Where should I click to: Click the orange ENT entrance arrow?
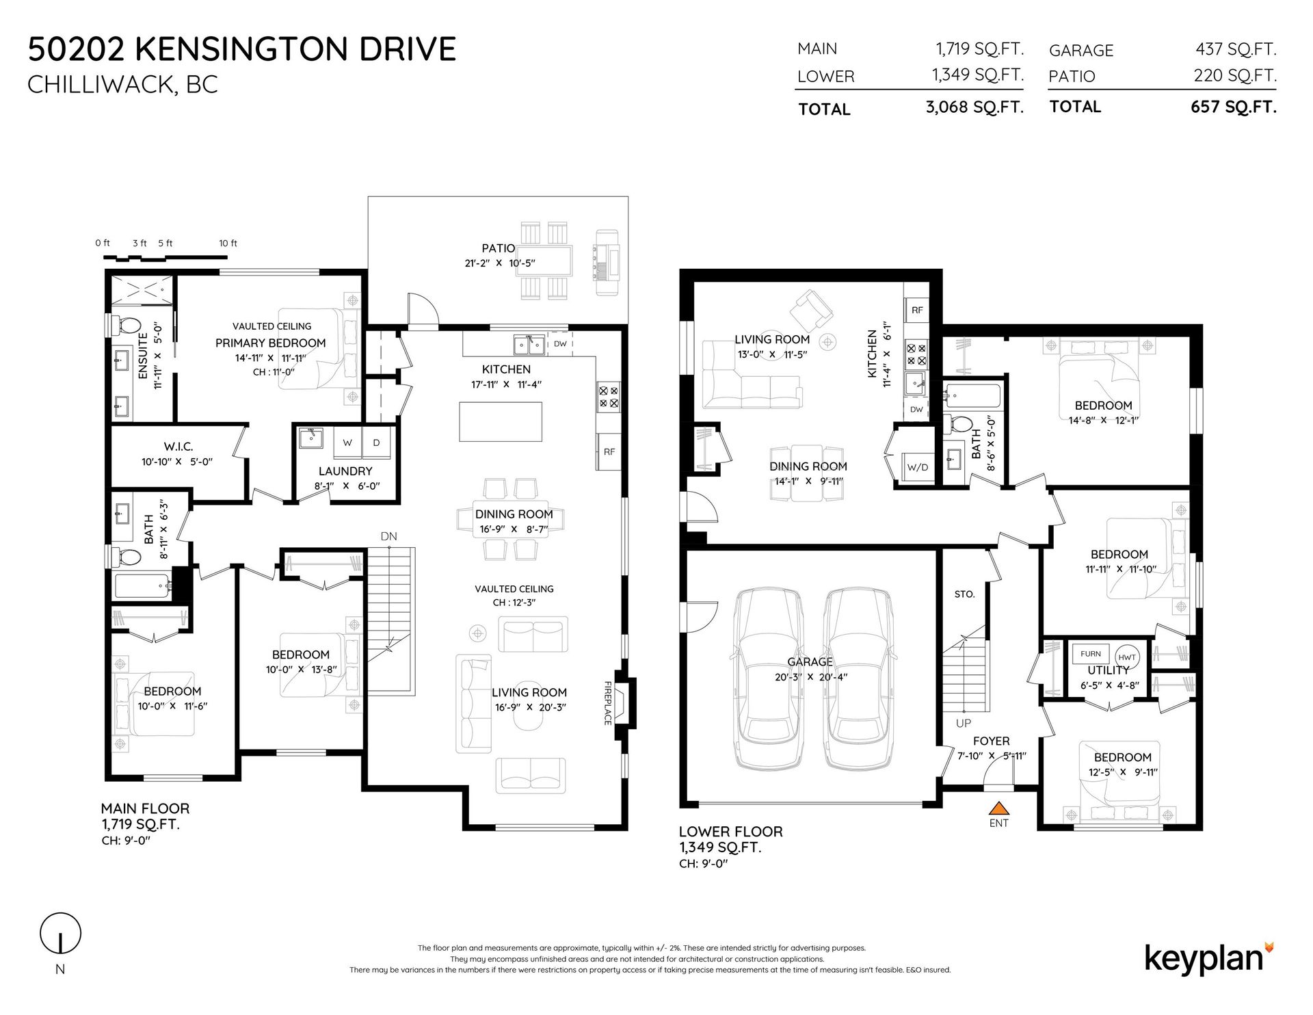pos(998,807)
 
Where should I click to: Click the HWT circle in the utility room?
pos(1127,657)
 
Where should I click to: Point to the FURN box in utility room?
pos(1091,654)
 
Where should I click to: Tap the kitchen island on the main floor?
pos(501,422)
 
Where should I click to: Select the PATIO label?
pos(498,249)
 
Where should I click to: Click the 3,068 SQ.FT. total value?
pos(974,107)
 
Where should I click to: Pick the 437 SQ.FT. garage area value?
pos(1236,49)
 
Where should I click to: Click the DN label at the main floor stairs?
pos(388,537)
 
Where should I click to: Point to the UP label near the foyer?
pos(963,723)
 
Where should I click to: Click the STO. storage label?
pos(964,594)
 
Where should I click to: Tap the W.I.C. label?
pos(178,447)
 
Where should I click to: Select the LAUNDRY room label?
pos(345,471)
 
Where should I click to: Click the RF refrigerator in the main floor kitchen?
pos(609,451)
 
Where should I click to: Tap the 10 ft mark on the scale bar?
pos(228,243)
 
